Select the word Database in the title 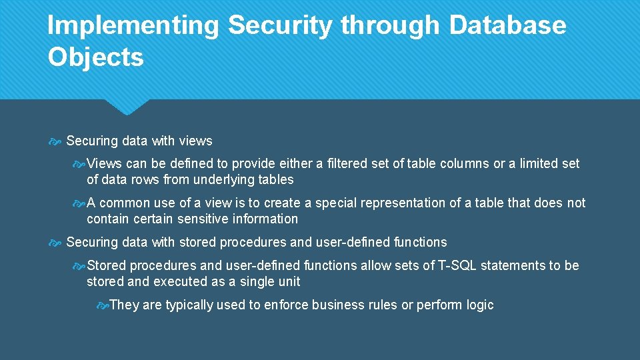507,26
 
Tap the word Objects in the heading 95,57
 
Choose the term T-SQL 455,265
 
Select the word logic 480,305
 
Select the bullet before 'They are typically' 102,305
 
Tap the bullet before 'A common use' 79,203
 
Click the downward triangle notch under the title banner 127,106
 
